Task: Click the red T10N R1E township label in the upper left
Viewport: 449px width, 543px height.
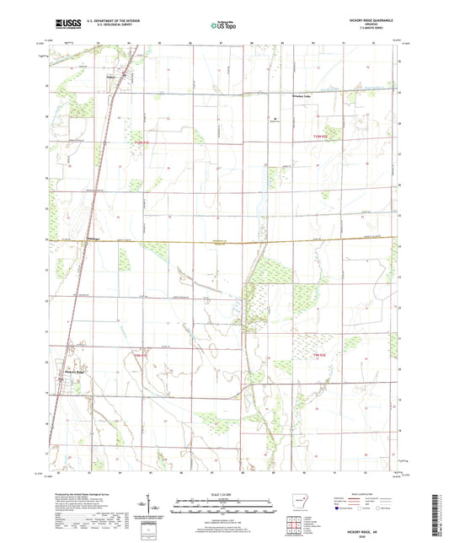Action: pyautogui.click(x=142, y=142)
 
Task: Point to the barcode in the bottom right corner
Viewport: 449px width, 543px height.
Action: pyautogui.click(x=442, y=513)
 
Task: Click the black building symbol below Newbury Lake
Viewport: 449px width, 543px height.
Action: pyautogui.click(x=279, y=118)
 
